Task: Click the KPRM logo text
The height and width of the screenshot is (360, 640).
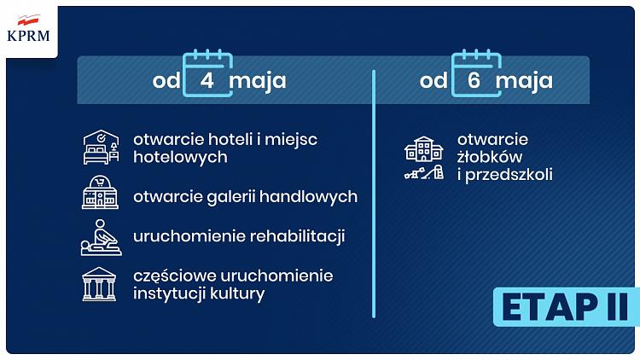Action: click(28, 36)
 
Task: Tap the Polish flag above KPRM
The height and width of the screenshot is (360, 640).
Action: click(28, 20)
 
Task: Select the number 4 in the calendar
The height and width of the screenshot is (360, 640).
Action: click(207, 80)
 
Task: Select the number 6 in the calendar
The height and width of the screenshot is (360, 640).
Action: click(474, 80)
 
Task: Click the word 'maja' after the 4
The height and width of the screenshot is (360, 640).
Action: click(258, 81)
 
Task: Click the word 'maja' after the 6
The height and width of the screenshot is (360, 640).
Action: click(525, 81)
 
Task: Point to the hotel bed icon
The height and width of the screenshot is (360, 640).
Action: click(102, 148)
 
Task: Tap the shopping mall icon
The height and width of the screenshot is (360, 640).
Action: click(100, 192)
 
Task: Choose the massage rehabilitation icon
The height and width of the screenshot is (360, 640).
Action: click(101, 237)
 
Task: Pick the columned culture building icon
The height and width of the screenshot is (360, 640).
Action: click(99, 284)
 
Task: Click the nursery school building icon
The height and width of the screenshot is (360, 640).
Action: click(423, 148)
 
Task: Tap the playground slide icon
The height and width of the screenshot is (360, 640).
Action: click(424, 172)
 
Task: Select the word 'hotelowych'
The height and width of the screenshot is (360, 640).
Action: click(180, 157)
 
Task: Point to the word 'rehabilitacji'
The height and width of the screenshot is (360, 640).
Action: click(298, 236)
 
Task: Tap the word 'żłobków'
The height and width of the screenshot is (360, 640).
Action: click(490, 157)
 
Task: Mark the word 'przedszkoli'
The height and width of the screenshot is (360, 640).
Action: click(509, 175)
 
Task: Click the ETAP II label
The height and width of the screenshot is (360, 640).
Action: click(565, 307)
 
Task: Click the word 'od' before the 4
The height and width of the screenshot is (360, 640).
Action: click(166, 81)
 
